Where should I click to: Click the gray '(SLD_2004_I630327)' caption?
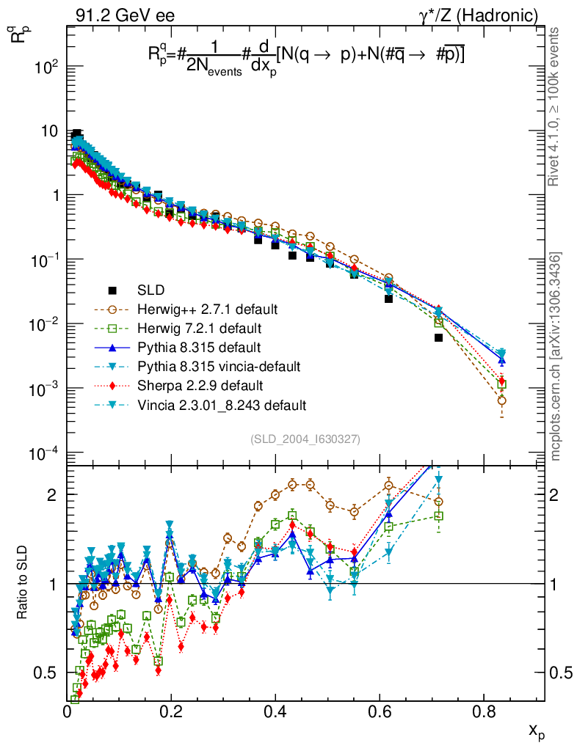(305, 439)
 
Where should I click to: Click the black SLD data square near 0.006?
(438, 338)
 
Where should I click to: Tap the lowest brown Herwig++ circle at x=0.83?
(501, 400)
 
